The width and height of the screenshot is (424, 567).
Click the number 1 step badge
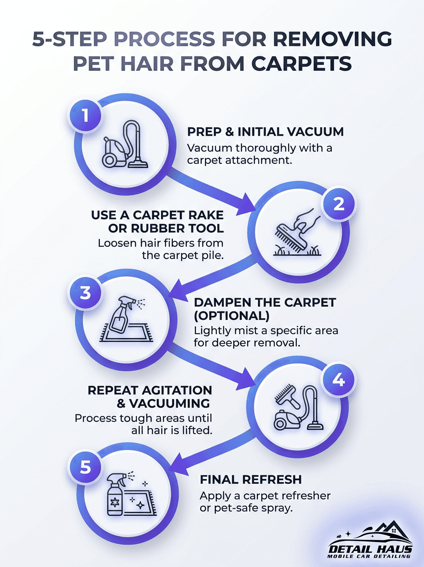pos(86,115)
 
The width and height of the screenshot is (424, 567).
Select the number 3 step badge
pos(86,292)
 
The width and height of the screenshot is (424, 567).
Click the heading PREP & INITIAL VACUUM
pos(265,132)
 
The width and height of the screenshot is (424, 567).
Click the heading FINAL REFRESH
pos(250,480)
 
